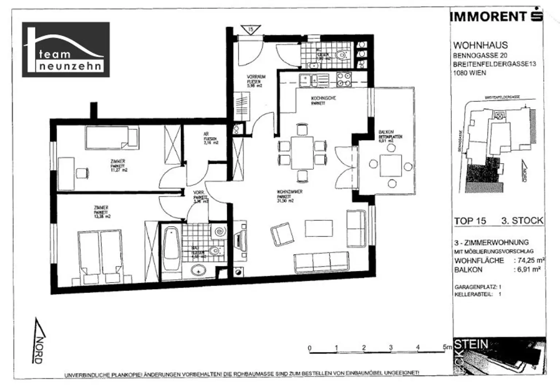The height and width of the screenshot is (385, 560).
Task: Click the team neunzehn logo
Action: click(x=66, y=50)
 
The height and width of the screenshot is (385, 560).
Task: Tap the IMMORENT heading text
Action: click(x=488, y=17)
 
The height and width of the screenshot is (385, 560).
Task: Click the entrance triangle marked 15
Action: click(x=250, y=30)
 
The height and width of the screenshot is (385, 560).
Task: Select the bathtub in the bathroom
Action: click(x=170, y=249)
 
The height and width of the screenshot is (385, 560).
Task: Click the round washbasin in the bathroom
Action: click(x=199, y=271)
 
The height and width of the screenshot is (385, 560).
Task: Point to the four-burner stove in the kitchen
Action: click(x=343, y=80)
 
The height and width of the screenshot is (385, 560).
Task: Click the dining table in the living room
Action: click(x=302, y=153)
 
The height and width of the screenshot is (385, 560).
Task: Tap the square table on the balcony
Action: click(x=391, y=166)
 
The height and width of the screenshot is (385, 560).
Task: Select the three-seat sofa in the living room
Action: click(x=321, y=262)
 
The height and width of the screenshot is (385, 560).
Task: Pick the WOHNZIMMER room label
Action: click(x=289, y=192)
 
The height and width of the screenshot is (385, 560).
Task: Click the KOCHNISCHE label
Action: click(x=323, y=98)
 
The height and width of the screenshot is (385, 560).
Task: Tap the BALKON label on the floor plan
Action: click(x=386, y=132)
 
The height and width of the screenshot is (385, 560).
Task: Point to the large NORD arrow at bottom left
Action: click(x=40, y=341)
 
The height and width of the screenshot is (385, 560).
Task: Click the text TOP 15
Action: click(x=470, y=221)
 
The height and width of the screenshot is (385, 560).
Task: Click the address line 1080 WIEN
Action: click(x=469, y=73)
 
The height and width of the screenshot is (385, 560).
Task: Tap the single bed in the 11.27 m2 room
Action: click(x=112, y=137)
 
